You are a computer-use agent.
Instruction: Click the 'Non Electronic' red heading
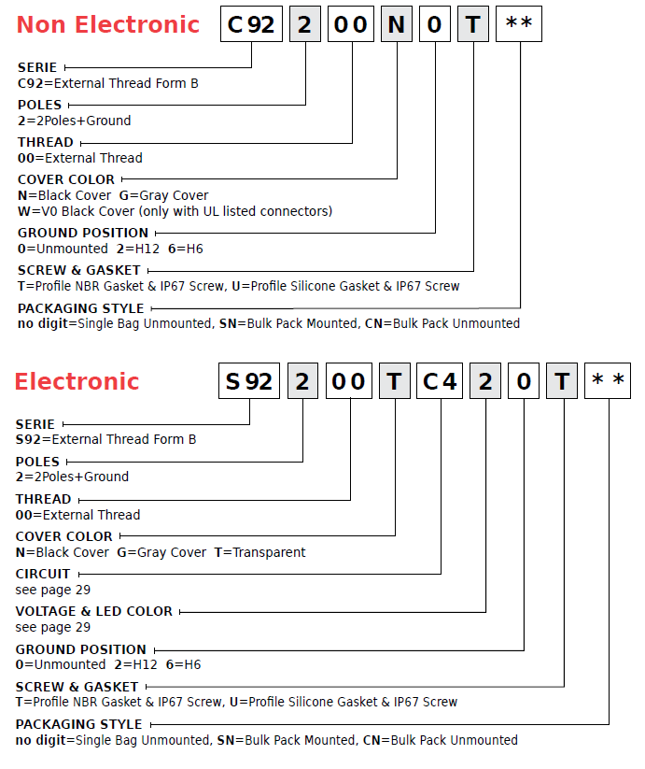pos(108,24)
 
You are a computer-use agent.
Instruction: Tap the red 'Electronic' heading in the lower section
pos(77,381)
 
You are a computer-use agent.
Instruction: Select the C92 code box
pos(251,24)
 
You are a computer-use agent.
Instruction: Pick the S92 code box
pos(249,381)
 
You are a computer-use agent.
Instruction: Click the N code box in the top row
pos(397,24)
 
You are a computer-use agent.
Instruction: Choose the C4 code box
pos(440,381)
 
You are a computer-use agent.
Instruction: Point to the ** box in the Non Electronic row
pos(519,24)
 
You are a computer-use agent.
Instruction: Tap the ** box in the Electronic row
pos(608,381)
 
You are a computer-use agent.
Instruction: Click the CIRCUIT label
pos(43,574)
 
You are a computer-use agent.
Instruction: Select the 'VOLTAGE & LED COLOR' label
pos(94,612)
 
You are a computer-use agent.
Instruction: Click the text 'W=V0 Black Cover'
pos(76,211)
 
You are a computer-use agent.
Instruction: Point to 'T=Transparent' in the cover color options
pos(260,552)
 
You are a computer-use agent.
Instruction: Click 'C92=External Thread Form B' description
pos(108,83)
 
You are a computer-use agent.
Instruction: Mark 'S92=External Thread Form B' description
pos(105,439)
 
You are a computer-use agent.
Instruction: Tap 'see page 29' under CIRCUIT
pos(53,590)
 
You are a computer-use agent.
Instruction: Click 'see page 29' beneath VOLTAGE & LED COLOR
pos(53,627)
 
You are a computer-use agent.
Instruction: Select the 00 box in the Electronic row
pos(349,381)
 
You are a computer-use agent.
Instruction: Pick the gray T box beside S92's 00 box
pos(395,381)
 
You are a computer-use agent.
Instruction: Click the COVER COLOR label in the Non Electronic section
pos(66,179)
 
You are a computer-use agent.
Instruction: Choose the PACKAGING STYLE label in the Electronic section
pos(78,724)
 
